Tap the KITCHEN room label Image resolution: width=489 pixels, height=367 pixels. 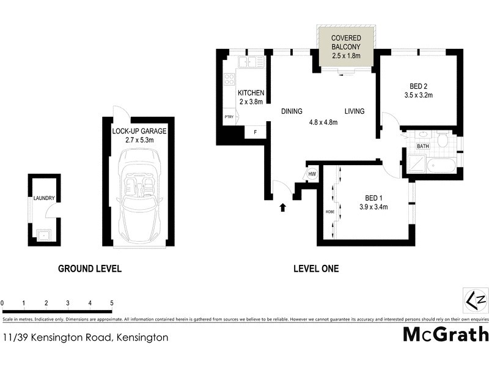pos(250,93)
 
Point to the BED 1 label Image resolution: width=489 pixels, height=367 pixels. pos(373,198)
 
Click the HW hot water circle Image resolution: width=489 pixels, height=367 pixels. pos(312,174)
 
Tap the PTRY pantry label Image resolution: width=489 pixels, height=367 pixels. pos(229,117)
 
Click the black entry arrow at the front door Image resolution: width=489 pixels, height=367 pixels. pos(282,207)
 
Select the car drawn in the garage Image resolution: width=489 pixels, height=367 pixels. pos(140,195)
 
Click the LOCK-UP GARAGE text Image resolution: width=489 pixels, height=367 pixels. pos(139,131)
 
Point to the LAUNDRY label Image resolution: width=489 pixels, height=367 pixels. pos(44,198)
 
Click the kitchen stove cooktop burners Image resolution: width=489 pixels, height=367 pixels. pos(230,79)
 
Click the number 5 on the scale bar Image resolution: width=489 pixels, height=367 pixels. pos(111,303)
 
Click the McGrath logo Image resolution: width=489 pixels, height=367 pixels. pos(446,334)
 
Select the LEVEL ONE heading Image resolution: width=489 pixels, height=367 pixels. pos(315,268)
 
